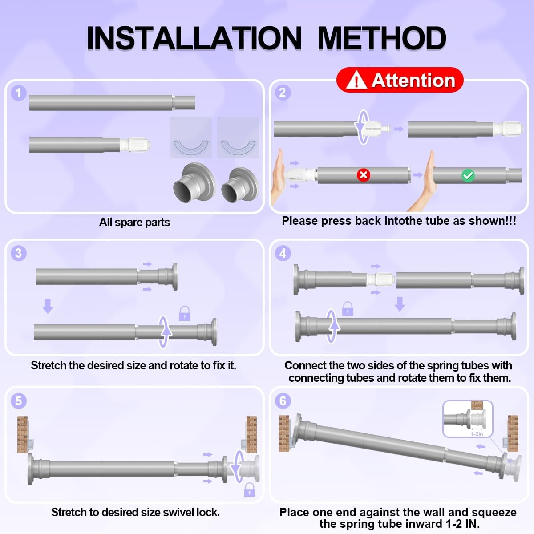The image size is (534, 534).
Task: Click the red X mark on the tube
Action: point(363,175)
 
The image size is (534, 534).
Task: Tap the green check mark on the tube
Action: point(468,176)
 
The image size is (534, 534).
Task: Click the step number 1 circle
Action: point(19,93)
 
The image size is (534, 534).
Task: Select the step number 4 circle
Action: point(283,253)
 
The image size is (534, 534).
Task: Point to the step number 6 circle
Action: point(283,400)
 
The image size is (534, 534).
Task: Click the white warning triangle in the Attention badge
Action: point(356,80)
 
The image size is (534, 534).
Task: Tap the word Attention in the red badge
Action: point(413,81)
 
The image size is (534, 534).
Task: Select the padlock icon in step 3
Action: point(185,313)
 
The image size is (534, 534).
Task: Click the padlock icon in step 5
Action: point(249,489)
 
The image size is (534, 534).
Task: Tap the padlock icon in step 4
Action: point(348,309)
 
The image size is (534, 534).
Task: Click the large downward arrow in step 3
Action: point(48,306)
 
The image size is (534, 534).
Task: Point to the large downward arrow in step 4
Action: point(400,304)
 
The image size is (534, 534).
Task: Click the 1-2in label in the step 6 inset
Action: point(477,434)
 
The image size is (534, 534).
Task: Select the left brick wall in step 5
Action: point(22,434)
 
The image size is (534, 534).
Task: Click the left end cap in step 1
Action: point(194,182)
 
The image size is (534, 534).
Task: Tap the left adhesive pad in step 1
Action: point(191,138)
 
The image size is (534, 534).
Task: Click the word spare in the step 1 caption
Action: point(129,222)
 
